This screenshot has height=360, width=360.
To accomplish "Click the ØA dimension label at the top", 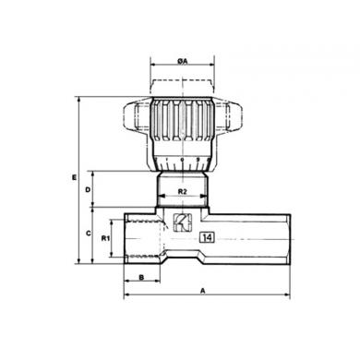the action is (x=182, y=62).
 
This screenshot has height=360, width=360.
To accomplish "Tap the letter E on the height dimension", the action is (x=74, y=177).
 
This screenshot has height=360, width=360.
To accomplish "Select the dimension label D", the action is (x=88, y=190).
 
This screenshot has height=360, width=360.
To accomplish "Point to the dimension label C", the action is (x=88, y=234).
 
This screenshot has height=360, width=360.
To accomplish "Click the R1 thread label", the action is (x=105, y=238).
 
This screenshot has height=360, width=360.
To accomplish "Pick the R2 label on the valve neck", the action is (x=183, y=191).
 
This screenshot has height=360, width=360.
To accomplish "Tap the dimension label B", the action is (x=141, y=277).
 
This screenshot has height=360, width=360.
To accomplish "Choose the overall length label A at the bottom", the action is (x=203, y=291).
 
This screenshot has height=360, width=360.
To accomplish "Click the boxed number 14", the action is (x=207, y=237).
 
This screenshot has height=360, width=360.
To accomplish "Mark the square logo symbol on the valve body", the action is (x=183, y=222).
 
